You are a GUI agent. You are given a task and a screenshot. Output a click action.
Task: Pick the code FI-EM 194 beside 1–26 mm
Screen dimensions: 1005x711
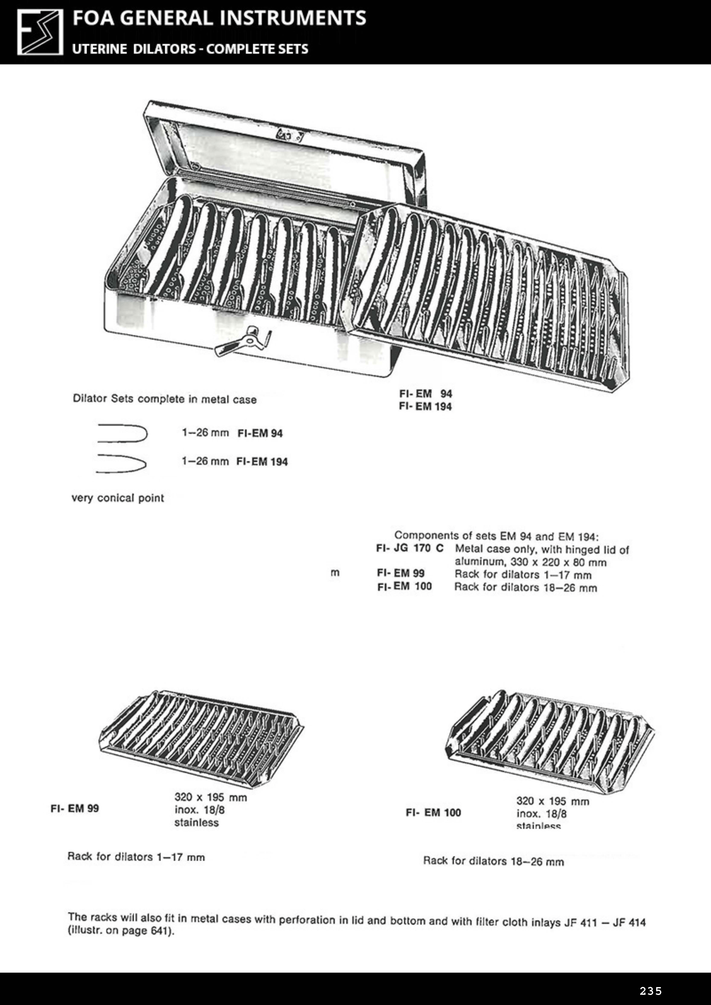click(x=262, y=462)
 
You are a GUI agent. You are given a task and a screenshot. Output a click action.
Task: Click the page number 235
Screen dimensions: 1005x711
click(x=651, y=991)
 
